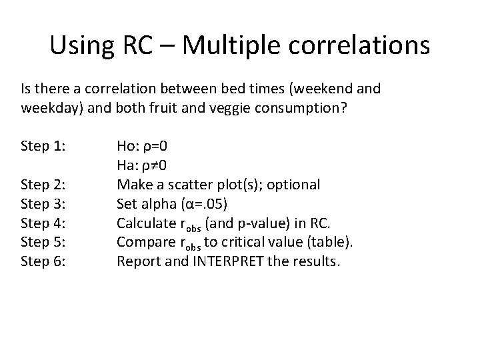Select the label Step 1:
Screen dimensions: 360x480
44,145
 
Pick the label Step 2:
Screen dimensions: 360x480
44,184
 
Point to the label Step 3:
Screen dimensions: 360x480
44,203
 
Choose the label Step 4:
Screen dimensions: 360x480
44,223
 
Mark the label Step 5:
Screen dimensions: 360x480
44,242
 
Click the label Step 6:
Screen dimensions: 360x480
44,261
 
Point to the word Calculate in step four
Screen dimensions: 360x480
143,223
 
